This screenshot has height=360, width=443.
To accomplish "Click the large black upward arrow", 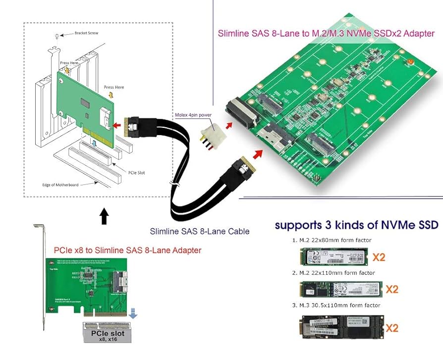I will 104,216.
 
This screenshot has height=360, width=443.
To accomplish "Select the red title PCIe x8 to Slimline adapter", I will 127,251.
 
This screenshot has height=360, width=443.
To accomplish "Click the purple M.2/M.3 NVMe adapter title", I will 326,34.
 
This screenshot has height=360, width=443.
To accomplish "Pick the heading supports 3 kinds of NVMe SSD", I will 349,225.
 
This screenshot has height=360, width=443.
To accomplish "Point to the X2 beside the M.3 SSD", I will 391,327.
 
